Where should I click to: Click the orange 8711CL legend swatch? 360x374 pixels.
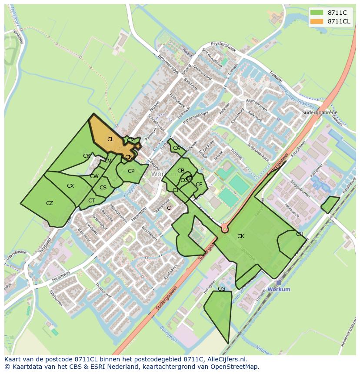317,21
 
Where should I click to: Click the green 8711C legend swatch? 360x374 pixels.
317,13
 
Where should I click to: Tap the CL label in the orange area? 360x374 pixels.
110,139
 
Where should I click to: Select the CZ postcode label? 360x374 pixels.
50,203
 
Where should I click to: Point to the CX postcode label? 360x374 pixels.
70,186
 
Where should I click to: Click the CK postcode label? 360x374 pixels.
240,236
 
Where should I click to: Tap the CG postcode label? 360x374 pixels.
221,289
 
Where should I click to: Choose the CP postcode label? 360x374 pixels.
131,171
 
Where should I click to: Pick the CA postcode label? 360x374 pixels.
176,148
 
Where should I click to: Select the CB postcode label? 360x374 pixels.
181,171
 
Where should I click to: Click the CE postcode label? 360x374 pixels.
199,185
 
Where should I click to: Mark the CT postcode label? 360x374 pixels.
91,201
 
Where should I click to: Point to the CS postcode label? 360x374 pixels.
103,188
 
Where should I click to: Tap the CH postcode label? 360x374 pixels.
300,234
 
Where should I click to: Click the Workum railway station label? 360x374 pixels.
279,289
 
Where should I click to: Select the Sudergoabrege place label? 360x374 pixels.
320,113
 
